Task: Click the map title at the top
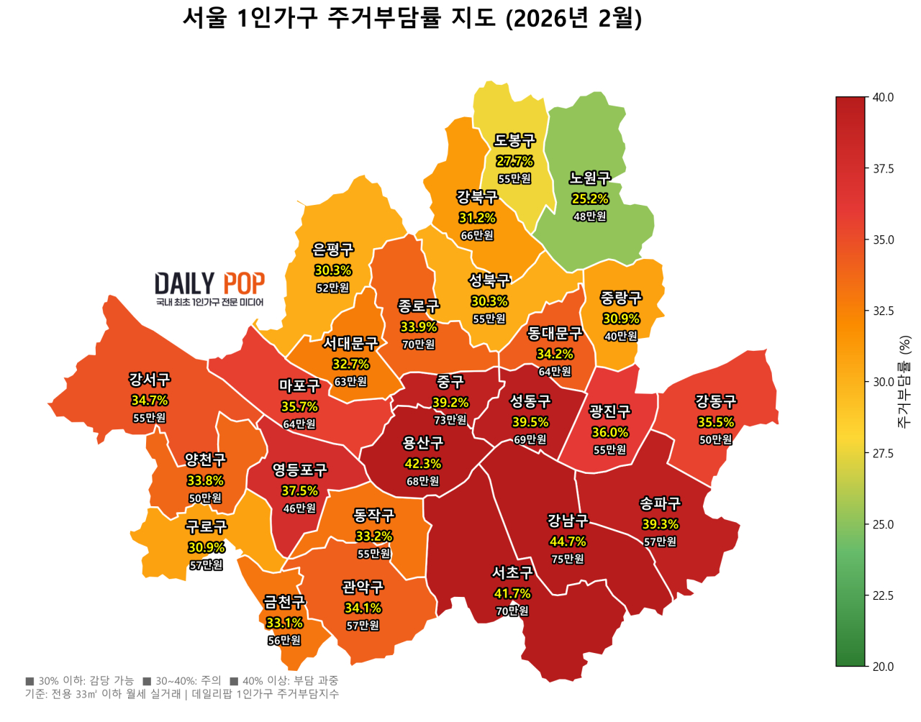point(412,18)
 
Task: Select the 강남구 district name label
point(568,521)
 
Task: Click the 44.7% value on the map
point(568,541)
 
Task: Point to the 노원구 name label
point(589,178)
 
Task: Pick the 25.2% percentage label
point(589,198)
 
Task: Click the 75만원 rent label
point(568,559)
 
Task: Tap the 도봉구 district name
point(514,141)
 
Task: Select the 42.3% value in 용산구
point(422,464)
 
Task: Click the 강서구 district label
point(150,380)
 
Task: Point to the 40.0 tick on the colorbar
point(883,98)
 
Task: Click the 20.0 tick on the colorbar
point(883,667)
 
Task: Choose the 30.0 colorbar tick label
point(883,382)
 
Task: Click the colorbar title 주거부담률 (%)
point(904,382)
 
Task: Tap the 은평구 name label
point(332,250)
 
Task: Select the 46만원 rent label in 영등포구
point(299,508)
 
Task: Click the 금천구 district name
point(284,602)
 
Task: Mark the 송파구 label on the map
point(660,504)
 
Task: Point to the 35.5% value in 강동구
point(715,422)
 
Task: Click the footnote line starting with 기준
point(181,694)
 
